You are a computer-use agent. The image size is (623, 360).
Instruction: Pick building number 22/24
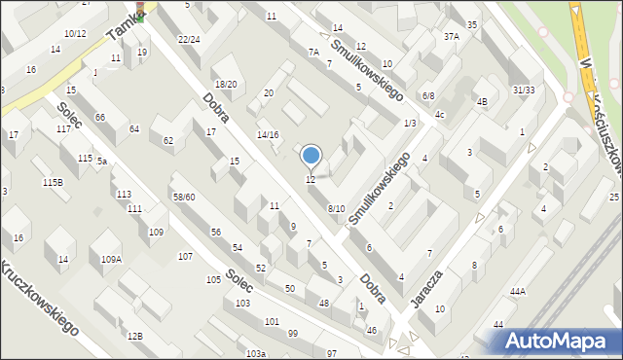point(189,40)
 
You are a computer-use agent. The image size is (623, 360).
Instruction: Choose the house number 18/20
point(226,85)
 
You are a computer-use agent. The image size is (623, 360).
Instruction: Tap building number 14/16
point(267,135)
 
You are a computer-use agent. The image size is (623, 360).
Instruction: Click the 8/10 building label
point(336,209)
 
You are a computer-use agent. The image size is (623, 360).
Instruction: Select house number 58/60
point(184,198)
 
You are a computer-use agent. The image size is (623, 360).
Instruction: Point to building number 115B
point(53,182)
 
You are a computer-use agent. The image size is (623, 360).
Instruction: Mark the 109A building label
point(111,259)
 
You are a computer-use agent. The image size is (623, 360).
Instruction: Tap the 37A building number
point(451,37)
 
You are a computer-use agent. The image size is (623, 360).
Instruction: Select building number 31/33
point(524,90)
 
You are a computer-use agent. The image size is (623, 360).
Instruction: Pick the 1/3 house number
point(410,123)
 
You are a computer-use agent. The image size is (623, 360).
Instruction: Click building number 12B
point(134,336)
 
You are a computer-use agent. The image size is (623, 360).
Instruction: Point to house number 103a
point(255,353)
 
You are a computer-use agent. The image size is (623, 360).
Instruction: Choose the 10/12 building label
point(75,34)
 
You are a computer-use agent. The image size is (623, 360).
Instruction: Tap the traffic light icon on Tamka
point(140,11)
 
